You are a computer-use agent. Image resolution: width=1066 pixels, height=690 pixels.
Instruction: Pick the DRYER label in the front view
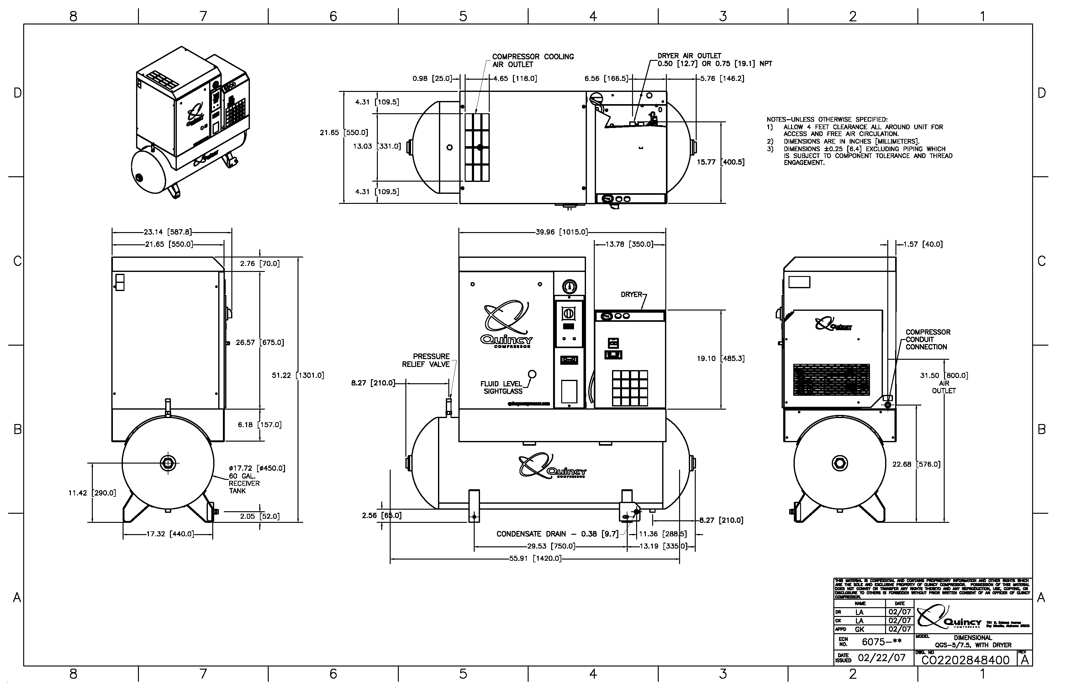point(631,295)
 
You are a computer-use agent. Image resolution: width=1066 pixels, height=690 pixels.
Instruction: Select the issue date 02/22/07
point(881,658)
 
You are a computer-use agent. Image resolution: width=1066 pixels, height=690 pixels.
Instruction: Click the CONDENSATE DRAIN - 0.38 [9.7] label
point(557,534)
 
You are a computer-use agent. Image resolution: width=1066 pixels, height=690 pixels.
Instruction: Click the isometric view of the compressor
point(190,123)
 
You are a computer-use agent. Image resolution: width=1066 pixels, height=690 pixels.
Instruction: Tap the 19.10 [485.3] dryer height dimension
point(720,358)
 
